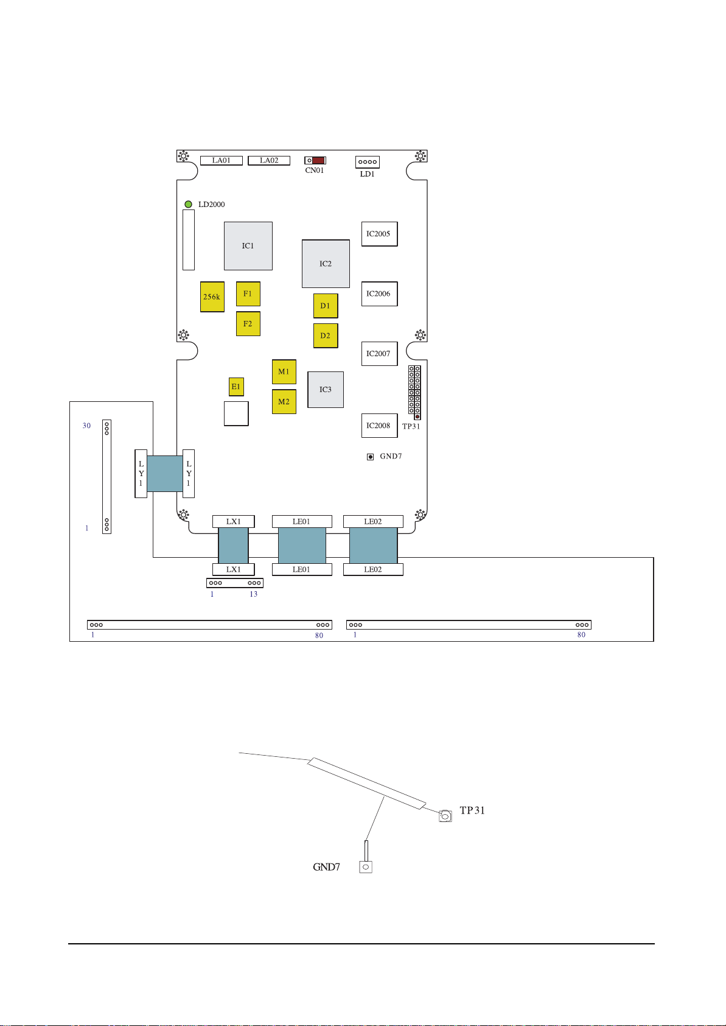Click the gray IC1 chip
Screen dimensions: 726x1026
point(248,246)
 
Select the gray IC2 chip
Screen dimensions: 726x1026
point(326,264)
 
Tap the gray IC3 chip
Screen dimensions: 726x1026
point(326,390)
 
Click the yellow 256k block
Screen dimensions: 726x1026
point(212,297)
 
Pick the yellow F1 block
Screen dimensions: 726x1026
point(248,294)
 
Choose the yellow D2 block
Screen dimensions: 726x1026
point(326,336)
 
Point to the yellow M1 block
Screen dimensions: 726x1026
point(284,372)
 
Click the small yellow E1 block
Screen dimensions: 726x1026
point(236,387)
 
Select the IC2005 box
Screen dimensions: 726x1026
point(379,234)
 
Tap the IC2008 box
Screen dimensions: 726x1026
point(379,426)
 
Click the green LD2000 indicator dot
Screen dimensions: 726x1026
point(189,205)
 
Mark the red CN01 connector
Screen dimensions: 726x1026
point(318,161)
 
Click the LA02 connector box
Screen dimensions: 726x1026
point(269,161)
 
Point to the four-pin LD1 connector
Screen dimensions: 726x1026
point(368,162)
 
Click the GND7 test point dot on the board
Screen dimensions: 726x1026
point(370,457)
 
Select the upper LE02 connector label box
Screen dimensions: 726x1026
point(373,522)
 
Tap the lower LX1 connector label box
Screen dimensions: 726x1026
point(234,570)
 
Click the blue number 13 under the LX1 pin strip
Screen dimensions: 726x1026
point(253,594)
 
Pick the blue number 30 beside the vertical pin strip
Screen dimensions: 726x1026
point(87,426)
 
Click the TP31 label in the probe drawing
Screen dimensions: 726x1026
point(472,810)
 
